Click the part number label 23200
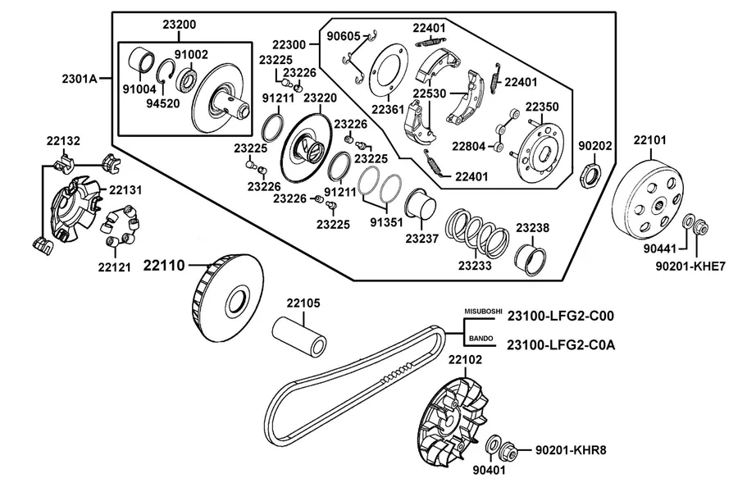tap(180, 25)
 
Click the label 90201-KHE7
tap(690, 266)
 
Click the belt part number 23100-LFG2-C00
tap(561, 316)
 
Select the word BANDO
tap(481, 339)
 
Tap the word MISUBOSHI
tap(483, 312)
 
